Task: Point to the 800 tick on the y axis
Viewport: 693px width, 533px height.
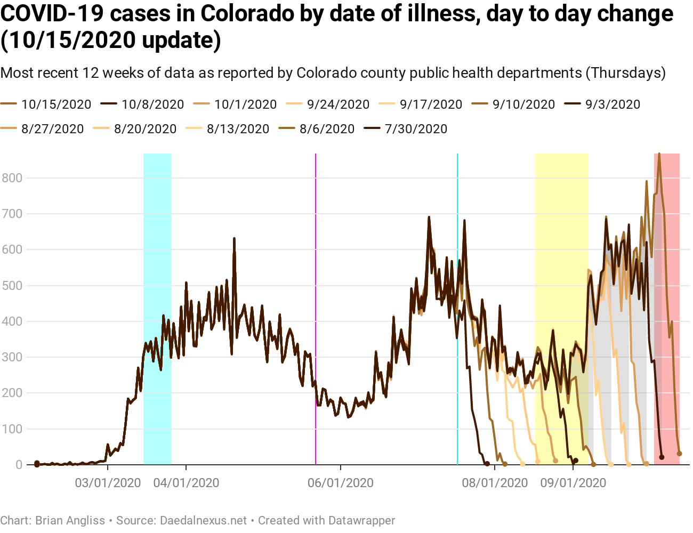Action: coord(12,178)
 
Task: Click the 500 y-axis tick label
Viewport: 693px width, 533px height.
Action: coord(12,286)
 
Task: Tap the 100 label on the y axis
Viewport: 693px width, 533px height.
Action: coord(12,429)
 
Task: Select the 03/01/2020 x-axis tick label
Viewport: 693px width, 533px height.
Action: coord(108,483)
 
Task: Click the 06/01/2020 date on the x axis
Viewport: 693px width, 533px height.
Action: coord(340,483)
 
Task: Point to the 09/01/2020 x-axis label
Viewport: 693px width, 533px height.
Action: coord(573,483)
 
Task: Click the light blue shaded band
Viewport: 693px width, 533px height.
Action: coord(157,240)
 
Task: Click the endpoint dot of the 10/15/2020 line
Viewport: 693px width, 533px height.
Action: coord(679,454)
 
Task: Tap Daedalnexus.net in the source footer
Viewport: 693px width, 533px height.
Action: coord(204,520)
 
